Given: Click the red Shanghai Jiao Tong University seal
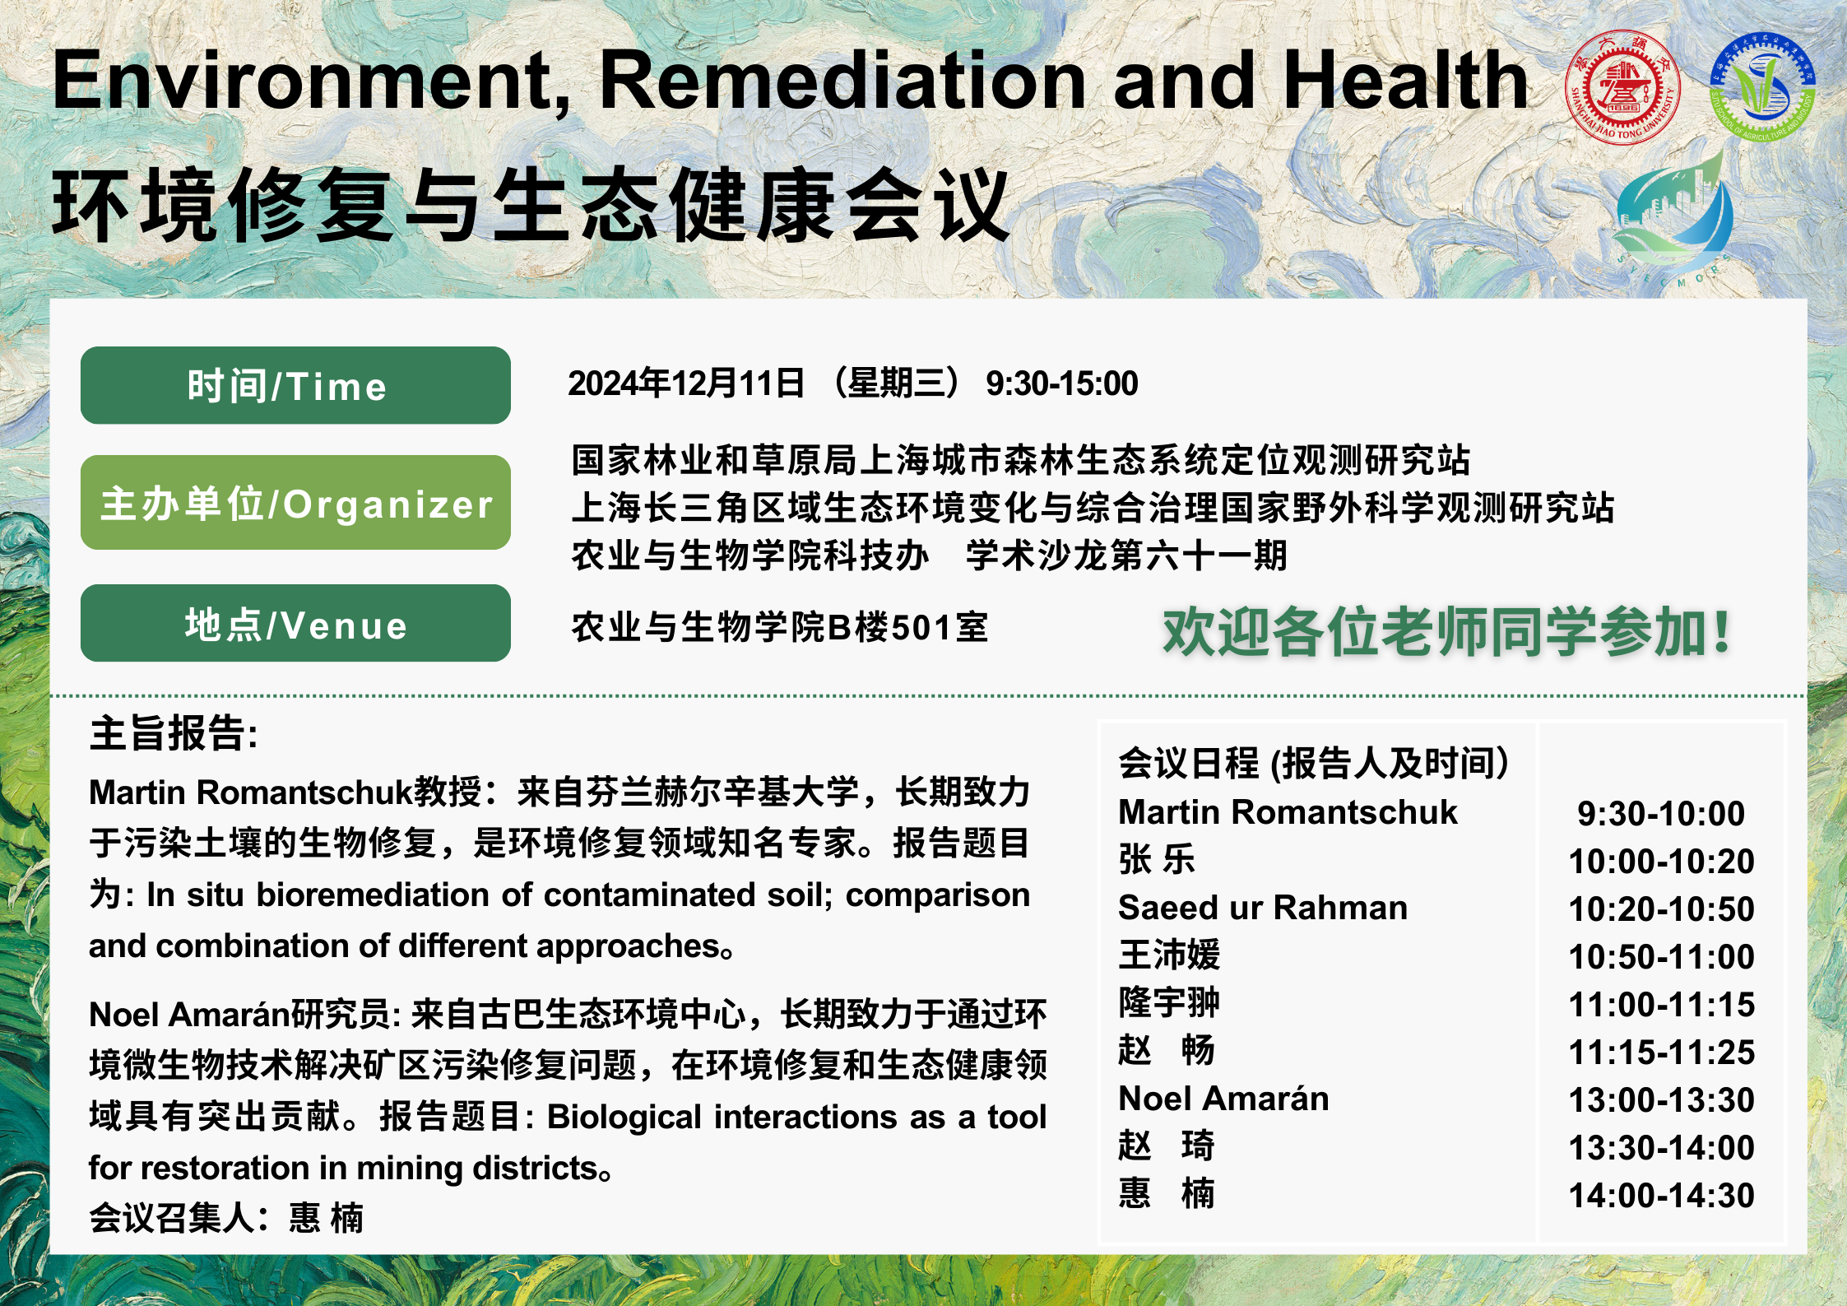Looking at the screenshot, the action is tap(1622, 87).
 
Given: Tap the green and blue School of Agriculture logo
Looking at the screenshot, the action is tap(1762, 87).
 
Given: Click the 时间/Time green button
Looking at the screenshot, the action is tap(295, 385).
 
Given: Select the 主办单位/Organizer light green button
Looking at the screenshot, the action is tap(295, 502).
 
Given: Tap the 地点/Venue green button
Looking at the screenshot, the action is tap(295, 623).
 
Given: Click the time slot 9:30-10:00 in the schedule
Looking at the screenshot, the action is tap(1661, 813).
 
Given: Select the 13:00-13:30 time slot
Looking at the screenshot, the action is tap(1661, 1099).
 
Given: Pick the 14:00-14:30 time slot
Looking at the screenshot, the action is tap(1661, 1195).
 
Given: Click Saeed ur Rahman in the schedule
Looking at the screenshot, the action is tap(1263, 908).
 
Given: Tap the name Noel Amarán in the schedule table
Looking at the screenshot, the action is tap(1223, 1099).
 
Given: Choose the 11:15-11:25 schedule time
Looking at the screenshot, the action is tap(1661, 1052).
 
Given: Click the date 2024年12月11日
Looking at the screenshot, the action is tap(686, 383).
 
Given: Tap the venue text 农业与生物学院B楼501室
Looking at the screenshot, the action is tap(780, 627).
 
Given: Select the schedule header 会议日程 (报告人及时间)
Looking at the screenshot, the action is tap(1313, 763).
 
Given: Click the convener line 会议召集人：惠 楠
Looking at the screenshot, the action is tap(226, 1217).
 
